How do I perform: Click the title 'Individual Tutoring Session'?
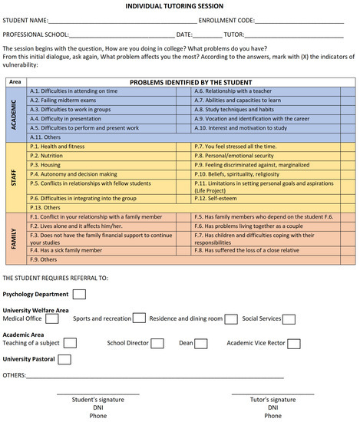pyautogui.click(x=180, y=5)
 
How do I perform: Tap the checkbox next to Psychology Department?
pyautogui.click(x=80, y=294)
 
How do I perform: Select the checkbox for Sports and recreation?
pyautogui.click(x=139, y=318)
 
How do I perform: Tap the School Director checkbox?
pyautogui.click(x=157, y=343)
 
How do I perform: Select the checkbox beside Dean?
pyautogui.click(x=203, y=343)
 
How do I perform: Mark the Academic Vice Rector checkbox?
pyautogui.click(x=293, y=343)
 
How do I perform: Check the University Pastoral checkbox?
pyautogui.click(x=64, y=358)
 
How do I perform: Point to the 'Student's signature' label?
pyautogui.click(x=97, y=400)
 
